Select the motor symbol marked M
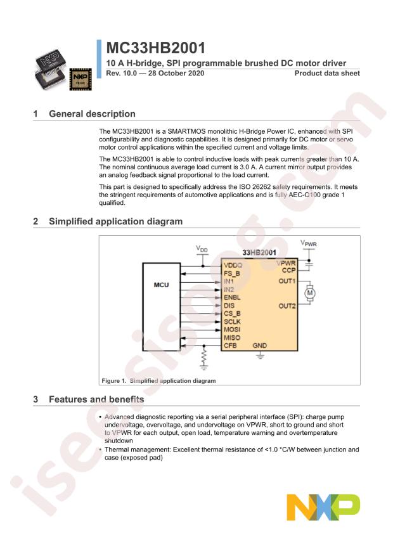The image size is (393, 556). point(310,293)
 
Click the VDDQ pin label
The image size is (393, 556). point(233,264)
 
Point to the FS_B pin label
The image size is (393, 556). point(232,273)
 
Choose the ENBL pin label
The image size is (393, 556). point(232,297)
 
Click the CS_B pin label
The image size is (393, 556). point(232,313)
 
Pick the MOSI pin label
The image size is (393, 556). point(232,329)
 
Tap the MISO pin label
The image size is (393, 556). point(232,337)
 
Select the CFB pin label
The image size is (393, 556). point(231,346)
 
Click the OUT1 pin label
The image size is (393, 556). point(287,281)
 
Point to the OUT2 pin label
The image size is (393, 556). point(287,306)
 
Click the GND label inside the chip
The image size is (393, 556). point(260,346)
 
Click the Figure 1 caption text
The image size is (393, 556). point(158,380)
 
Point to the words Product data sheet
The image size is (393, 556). point(327,74)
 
